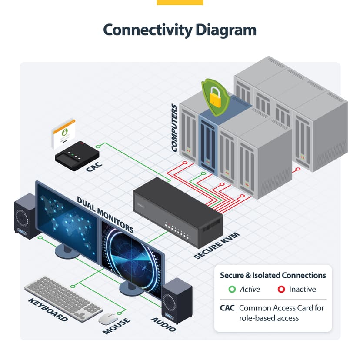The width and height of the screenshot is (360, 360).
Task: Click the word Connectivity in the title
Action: pos(148,30)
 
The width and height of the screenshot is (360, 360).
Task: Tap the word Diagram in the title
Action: pos(226,30)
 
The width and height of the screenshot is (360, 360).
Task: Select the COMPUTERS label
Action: pos(174,128)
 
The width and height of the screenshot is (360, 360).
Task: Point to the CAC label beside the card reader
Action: pos(94,167)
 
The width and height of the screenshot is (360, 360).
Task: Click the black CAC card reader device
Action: pos(77,156)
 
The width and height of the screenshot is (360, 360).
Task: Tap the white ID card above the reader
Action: pos(63,133)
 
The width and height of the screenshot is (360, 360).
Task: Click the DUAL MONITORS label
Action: pos(105,215)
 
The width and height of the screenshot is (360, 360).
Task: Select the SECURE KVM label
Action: pos(217,245)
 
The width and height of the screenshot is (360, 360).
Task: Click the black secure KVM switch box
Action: pos(178,212)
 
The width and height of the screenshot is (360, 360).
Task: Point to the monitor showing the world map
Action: pos(67,222)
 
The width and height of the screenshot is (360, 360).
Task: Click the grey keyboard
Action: pos(63,298)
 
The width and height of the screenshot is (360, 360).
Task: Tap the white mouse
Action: pos(108,319)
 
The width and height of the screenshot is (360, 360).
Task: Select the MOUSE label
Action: pos(117,326)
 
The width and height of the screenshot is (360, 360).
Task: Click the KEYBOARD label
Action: pos(48,310)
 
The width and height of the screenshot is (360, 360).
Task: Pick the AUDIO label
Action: pos(163,324)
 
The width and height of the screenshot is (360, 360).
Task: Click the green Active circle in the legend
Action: pos(232,289)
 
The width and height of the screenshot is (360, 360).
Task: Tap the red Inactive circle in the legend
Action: pos(281,289)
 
